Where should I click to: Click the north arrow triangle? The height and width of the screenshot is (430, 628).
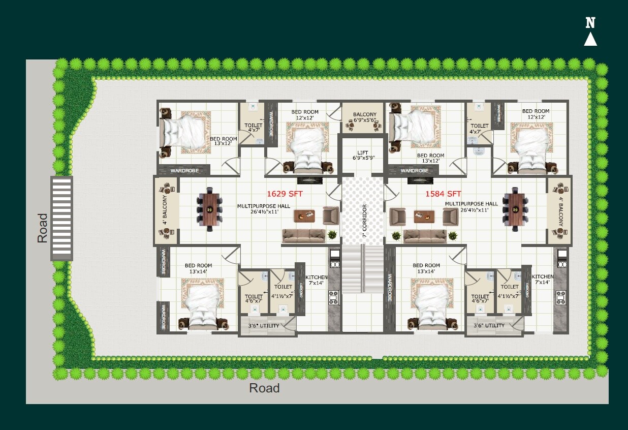(x=590, y=39)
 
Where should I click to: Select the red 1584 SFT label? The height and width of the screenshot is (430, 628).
(x=443, y=194)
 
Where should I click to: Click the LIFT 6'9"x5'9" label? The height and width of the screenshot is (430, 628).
(x=363, y=155)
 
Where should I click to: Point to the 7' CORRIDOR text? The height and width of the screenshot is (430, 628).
(x=364, y=221)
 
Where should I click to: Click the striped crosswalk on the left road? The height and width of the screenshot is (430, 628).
(x=61, y=219)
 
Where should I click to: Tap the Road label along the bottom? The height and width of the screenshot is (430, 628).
(x=264, y=389)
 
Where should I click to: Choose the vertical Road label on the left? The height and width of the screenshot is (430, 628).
(x=42, y=228)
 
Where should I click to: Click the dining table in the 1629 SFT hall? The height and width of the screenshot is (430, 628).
(x=209, y=209)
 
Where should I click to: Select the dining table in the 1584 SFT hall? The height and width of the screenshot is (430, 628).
(x=516, y=209)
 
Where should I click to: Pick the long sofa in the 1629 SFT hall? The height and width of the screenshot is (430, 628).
(x=303, y=235)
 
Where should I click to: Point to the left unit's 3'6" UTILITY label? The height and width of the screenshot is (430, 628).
(x=262, y=325)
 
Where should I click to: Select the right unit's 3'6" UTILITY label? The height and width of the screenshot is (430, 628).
(x=489, y=325)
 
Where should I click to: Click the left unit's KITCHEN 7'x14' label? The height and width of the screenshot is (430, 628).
(x=316, y=280)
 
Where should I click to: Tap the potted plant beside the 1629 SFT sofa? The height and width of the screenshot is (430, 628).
(x=332, y=234)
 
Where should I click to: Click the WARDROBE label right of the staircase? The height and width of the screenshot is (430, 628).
(x=390, y=288)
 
